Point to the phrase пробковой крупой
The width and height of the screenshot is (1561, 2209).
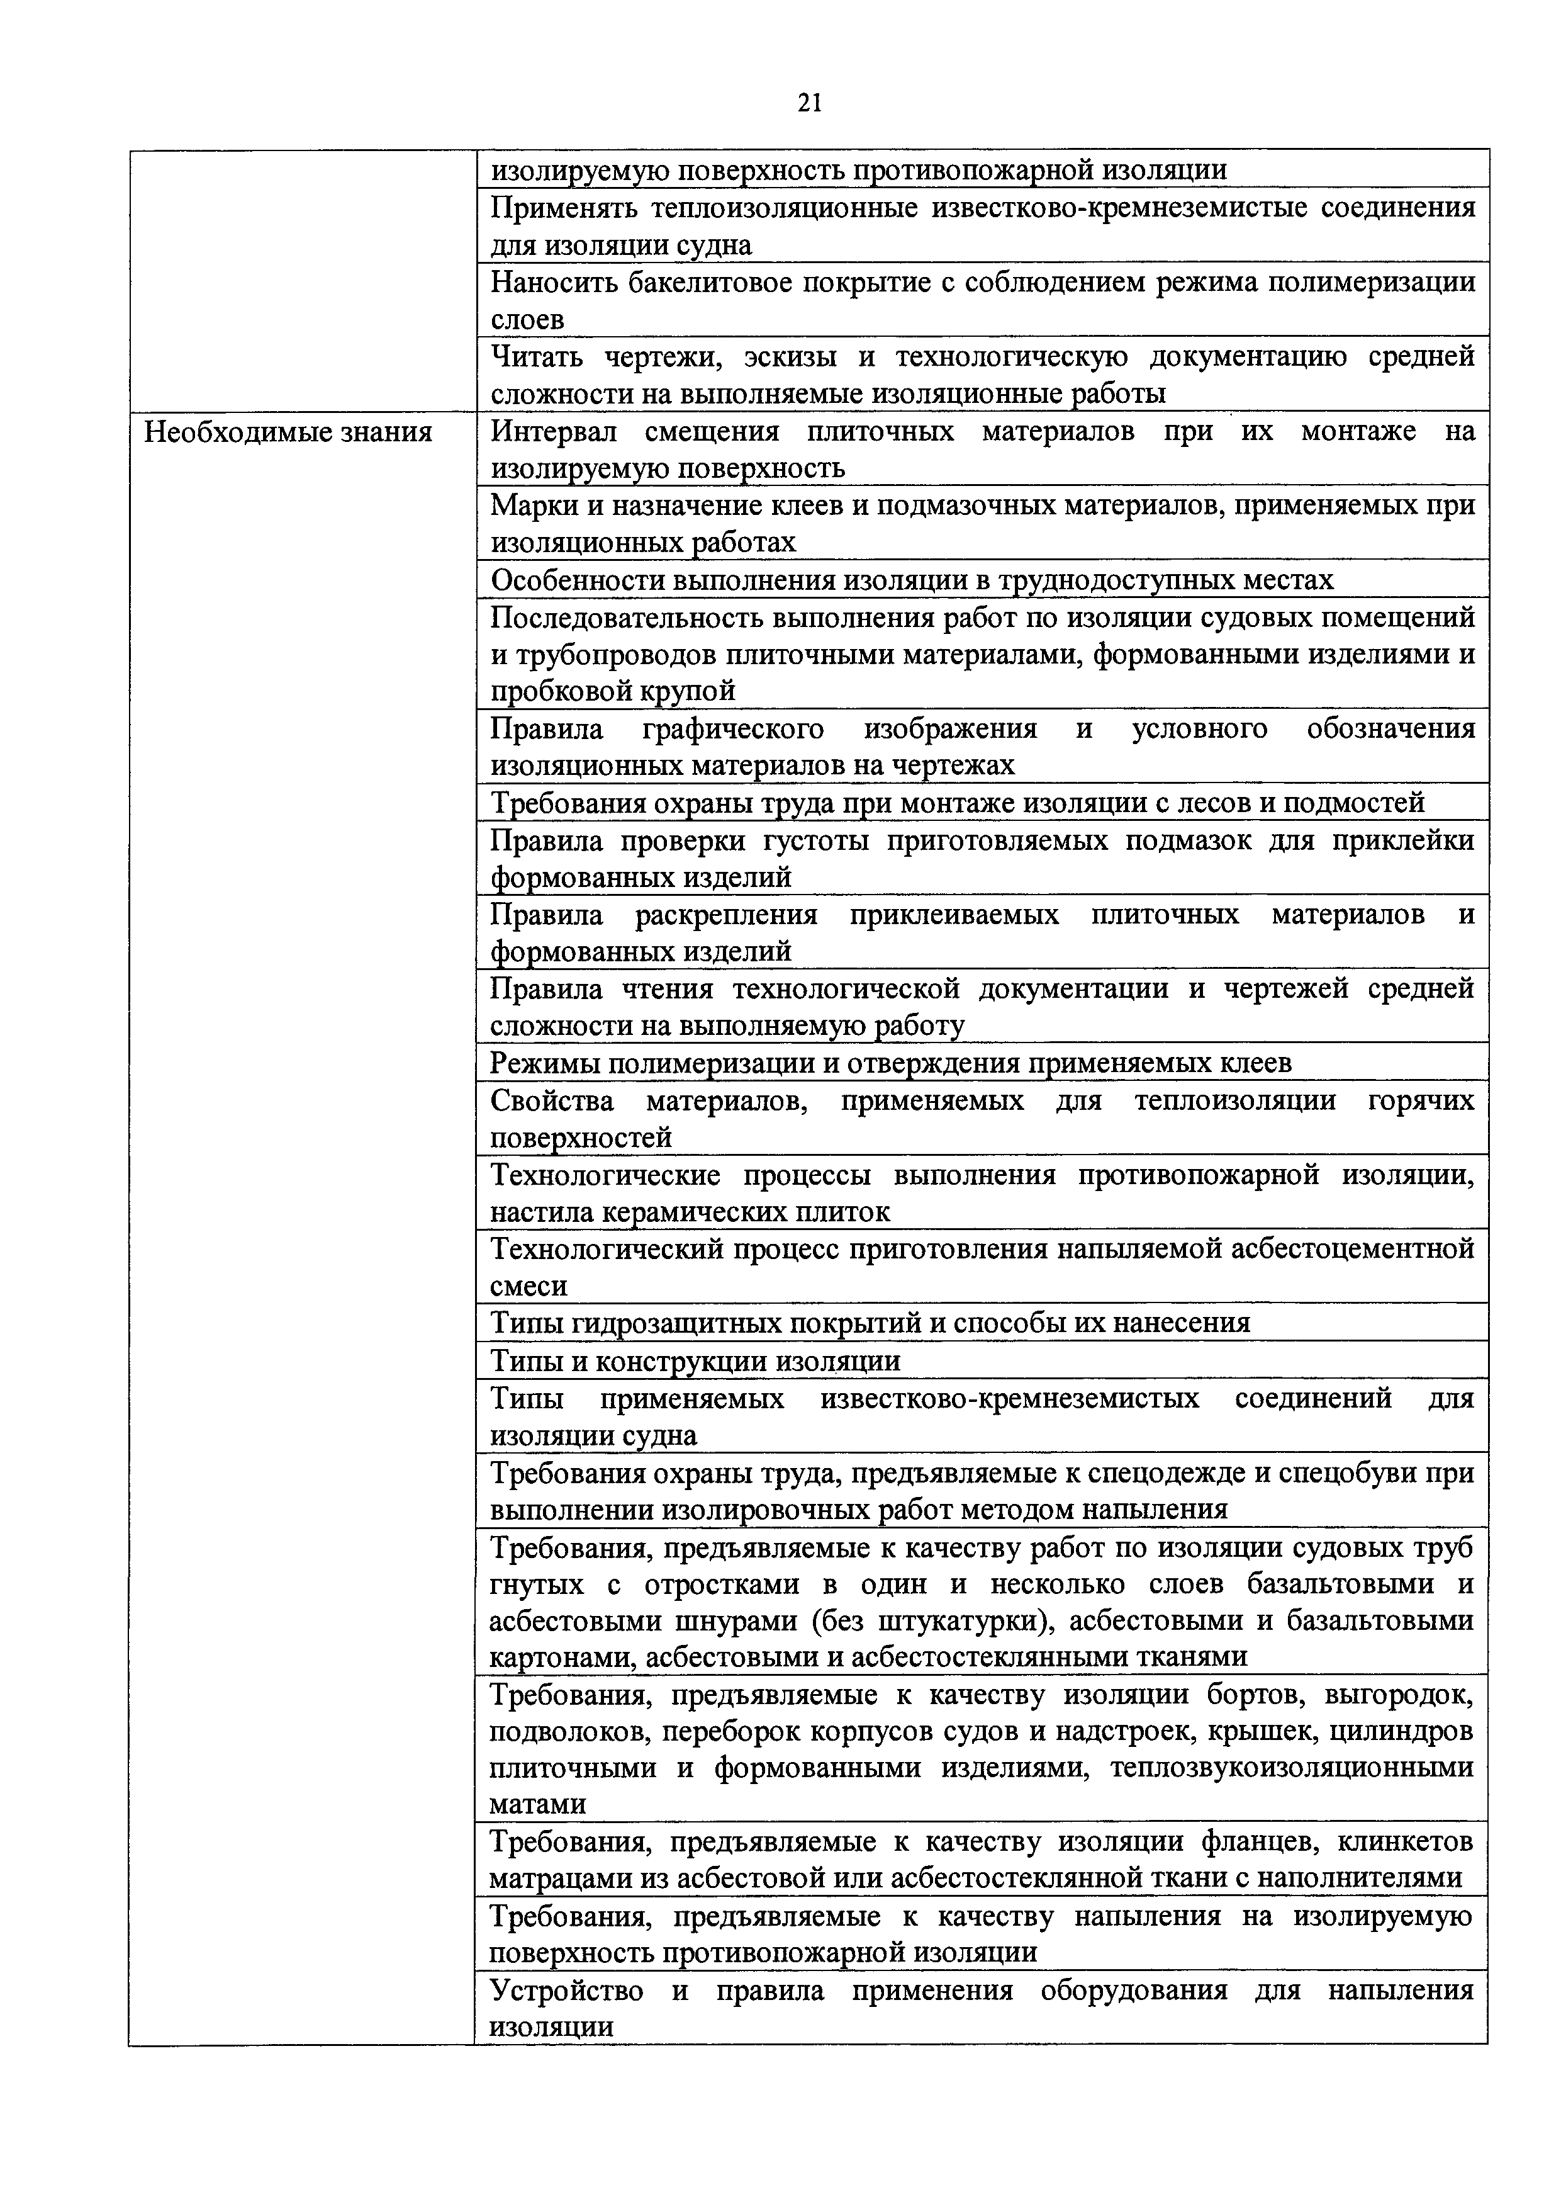coord(613,691)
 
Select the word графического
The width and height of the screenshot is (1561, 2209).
coord(732,729)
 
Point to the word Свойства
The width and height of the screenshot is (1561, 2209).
coord(552,1100)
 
